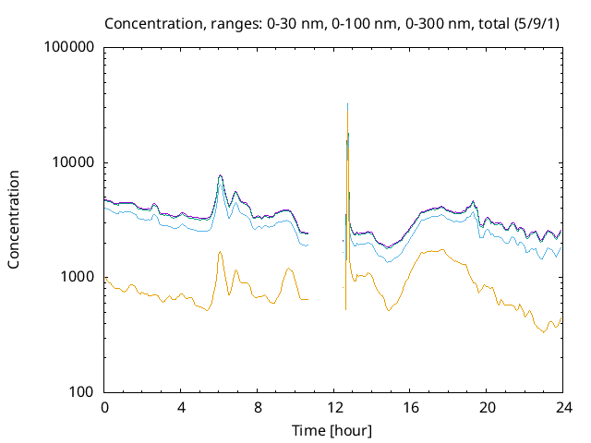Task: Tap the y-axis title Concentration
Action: tap(14, 219)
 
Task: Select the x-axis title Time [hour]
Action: tap(332, 430)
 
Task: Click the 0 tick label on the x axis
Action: tap(105, 408)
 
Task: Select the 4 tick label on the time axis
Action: tap(181, 408)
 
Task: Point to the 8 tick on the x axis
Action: tap(258, 408)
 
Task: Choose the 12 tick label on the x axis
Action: tap(333, 408)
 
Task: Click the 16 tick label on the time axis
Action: tap(410, 408)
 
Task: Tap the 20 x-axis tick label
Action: tap(486, 408)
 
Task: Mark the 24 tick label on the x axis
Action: tap(562, 408)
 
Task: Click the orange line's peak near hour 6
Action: tap(220, 251)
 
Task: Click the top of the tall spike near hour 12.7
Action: tap(347, 104)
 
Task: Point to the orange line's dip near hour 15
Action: tap(389, 310)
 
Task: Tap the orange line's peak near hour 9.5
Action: tap(288, 268)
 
